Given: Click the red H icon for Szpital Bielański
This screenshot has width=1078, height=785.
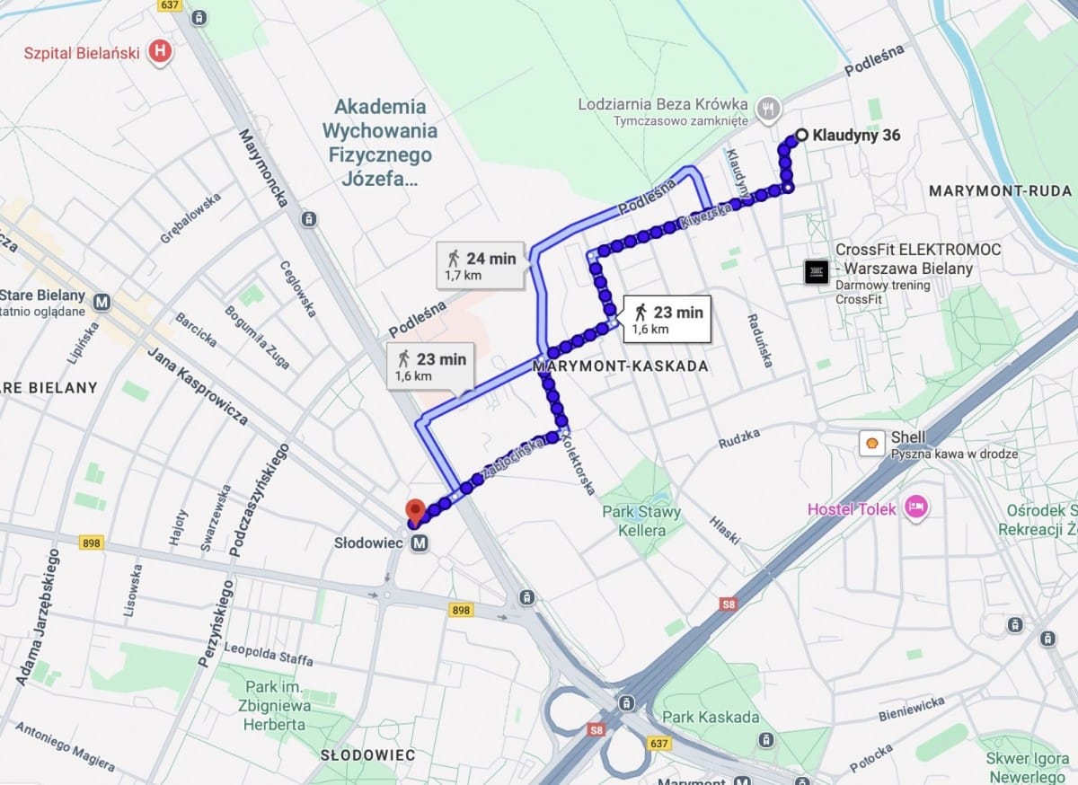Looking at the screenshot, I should point(160,51).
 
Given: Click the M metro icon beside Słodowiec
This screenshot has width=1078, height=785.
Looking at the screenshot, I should point(420,543).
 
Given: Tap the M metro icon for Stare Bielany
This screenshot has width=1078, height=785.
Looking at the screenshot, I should point(103,302).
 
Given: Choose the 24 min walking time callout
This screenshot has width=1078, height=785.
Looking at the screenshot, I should point(480,265).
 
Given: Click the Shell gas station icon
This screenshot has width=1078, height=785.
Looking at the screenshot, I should point(870,443).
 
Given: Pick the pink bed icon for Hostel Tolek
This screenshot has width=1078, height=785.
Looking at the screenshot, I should point(915,507).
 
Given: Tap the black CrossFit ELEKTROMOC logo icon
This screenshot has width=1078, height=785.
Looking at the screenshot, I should point(816,271).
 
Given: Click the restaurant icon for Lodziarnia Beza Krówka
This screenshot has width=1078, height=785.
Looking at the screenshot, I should point(766,107).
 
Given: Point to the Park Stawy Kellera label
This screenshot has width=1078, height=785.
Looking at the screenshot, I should point(641,521).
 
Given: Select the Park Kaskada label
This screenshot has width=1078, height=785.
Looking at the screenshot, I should point(711,717).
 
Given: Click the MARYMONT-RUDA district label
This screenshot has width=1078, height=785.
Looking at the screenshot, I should point(1000,191).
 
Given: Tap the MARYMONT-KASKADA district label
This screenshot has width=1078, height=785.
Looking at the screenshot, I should point(621,366).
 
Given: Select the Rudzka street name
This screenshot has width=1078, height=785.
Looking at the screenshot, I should point(739,437).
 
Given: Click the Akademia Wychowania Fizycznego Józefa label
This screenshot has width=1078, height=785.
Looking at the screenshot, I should point(380,143).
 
